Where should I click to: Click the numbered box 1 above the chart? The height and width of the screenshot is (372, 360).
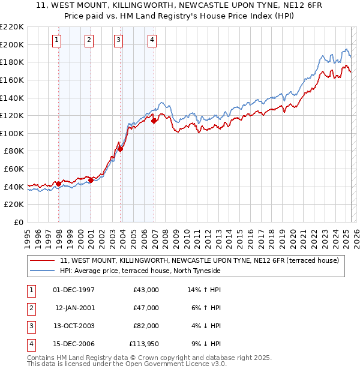click(56, 40)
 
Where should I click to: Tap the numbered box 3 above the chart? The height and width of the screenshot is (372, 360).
click(118, 40)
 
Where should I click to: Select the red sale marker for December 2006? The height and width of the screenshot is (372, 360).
click(154, 121)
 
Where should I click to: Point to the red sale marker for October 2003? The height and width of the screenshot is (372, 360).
click(121, 149)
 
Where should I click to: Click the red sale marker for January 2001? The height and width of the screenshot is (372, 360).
click(91, 180)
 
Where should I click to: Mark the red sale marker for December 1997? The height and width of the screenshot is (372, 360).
click(58, 184)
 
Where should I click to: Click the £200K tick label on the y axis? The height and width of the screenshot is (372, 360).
click(12, 44)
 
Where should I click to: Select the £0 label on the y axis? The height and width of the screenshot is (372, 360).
click(19, 222)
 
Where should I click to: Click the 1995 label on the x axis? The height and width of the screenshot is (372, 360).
click(28, 236)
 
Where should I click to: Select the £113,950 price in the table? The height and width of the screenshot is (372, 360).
click(144, 344)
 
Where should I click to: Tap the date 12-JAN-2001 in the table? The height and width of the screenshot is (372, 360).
click(75, 308)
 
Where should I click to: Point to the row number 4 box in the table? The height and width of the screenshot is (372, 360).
click(30, 344)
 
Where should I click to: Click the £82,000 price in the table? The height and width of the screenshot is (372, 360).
click(146, 326)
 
